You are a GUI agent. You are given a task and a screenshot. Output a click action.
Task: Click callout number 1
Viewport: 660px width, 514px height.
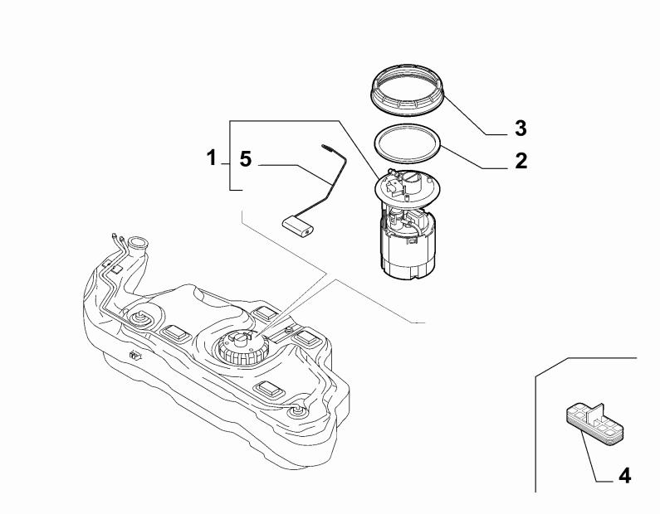tap(212, 156)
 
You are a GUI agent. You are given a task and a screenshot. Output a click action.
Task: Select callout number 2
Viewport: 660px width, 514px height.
tap(521, 160)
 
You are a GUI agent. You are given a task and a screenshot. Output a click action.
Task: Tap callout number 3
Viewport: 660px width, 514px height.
tap(521, 128)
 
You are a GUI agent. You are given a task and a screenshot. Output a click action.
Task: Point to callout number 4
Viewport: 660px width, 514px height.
tap(623, 477)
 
